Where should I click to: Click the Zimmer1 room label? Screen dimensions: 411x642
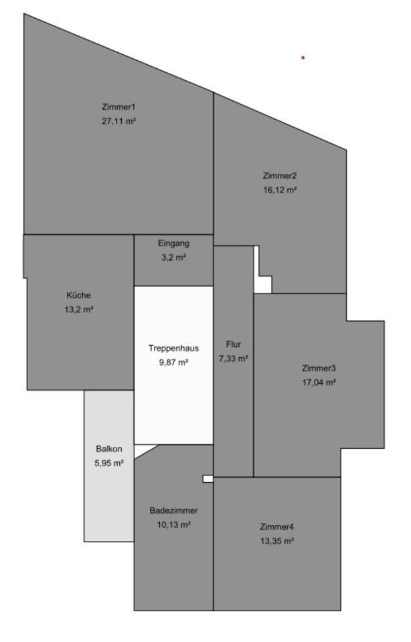point(118,107)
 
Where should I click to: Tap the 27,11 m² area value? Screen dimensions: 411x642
point(118,121)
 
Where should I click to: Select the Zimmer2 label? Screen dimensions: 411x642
point(280,176)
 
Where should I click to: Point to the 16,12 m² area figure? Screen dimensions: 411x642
point(280,190)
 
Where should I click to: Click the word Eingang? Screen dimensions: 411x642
point(174,243)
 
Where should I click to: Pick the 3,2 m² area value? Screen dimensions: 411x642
point(174,257)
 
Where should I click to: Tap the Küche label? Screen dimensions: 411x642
point(79,295)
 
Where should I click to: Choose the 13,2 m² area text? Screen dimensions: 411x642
point(79,310)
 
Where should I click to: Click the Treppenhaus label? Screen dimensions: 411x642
point(174,348)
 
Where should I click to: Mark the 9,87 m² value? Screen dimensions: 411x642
point(174,362)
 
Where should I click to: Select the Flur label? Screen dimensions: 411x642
point(234,344)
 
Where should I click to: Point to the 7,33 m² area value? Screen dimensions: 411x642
point(234,358)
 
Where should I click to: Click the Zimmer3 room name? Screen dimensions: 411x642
point(319,368)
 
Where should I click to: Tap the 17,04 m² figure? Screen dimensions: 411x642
point(319,383)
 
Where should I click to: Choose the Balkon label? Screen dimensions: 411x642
point(109,449)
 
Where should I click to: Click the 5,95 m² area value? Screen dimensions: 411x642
point(109,463)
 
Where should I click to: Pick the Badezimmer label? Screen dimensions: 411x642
point(174,510)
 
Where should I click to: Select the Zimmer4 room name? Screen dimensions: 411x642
point(277,527)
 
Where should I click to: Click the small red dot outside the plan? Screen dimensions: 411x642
point(303,58)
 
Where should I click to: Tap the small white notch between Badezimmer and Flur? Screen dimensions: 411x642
point(208,479)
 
